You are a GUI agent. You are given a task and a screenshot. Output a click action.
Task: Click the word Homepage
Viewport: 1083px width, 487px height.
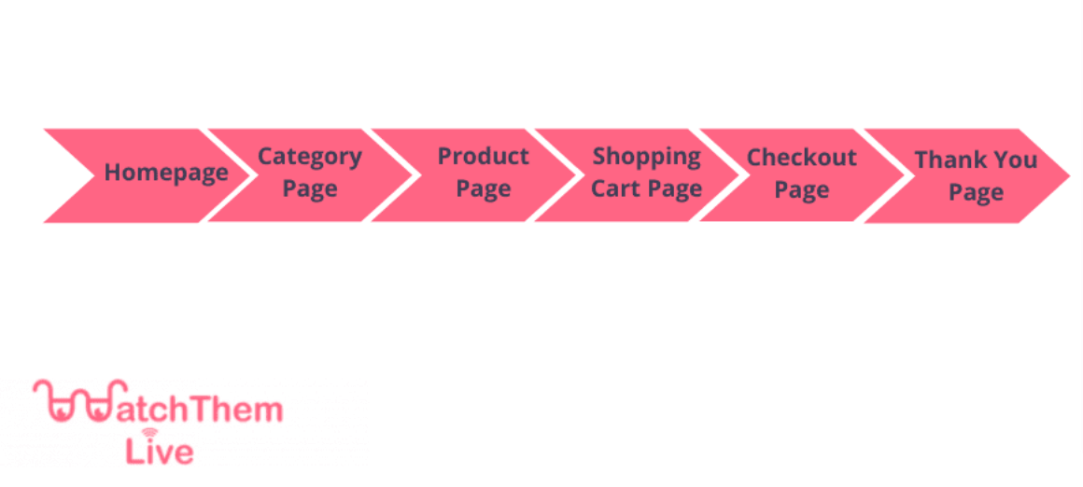[x=166, y=174]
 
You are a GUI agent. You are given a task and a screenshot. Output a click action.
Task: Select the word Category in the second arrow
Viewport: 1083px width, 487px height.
[x=309, y=158]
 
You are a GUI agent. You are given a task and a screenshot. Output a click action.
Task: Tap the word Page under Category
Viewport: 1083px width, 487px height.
[x=310, y=189]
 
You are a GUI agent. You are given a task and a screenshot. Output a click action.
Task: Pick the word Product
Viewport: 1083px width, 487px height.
[x=484, y=156]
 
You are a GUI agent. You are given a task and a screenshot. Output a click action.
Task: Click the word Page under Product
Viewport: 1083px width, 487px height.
[x=484, y=189]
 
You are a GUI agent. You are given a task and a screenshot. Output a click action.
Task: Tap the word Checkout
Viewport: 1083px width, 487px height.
[x=802, y=158]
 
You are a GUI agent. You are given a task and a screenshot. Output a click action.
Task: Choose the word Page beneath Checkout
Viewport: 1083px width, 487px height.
[x=802, y=190]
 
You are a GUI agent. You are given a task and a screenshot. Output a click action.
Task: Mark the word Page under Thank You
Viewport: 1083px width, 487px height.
[x=976, y=193]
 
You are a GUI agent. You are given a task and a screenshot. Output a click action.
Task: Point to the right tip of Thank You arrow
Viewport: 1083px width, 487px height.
[x=1069, y=176]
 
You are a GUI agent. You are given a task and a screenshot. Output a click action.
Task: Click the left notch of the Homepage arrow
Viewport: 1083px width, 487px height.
[x=94, y=175]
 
